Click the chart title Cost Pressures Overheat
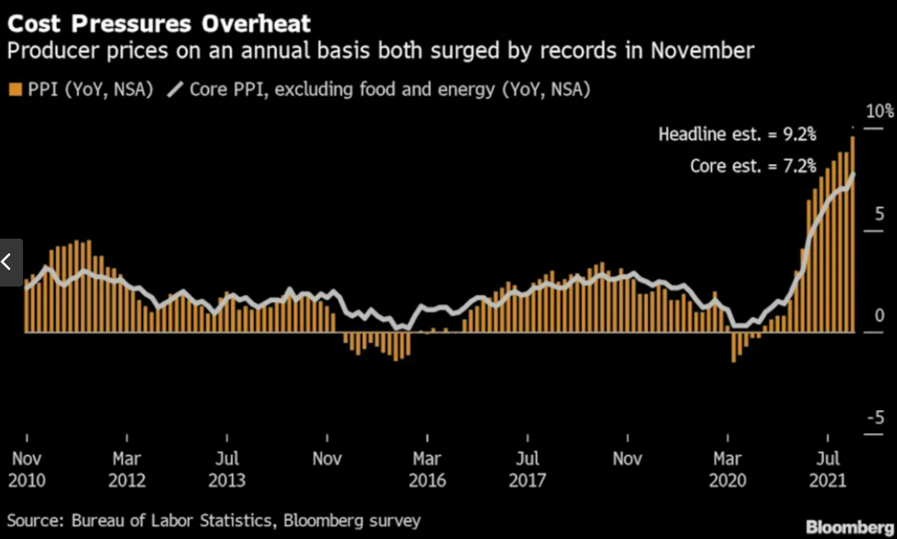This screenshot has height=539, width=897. pyautogui.click(x=159, y=21)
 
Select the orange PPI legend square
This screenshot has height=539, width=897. pyautogui.click(x=13, y=89)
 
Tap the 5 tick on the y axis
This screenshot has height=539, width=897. pyautogui.click(x=879, y=215)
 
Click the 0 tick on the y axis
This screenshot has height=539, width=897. pyautogui.click(x=879, y=316)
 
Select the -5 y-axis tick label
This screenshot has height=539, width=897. pyautogui.click(x=875, y=419)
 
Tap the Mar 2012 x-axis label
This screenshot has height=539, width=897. pyautogui.click(x=126, y=469)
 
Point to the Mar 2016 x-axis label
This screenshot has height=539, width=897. pyautogui.click(x=427, y=469)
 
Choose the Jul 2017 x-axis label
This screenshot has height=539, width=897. pyautogui.click(x=527, y=469)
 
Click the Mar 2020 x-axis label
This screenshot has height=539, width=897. pyautogui.click(x=728, y=469)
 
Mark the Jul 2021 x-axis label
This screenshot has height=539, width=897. pyautogui.click(x=828, y=469)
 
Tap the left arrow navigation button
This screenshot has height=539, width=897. pyautogui.click(x=8, y=262)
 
